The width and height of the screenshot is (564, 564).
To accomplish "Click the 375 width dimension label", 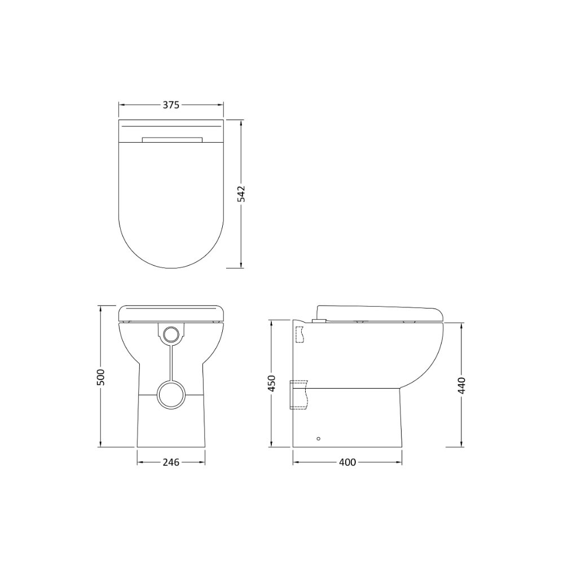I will (x=171, y=105).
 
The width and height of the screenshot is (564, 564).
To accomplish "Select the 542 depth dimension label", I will (x=241, y=193).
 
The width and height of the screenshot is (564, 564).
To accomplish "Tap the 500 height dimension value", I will (x=100, y=377).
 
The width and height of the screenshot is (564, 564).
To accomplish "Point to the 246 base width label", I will (x=171, y=462).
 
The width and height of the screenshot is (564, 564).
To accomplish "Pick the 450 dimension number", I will (x=271, y=384).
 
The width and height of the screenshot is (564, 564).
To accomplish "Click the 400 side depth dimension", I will (x=347, y=462).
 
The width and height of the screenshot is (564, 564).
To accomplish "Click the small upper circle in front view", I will (x=171, y=334).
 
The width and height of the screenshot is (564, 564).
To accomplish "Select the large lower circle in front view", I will (x=171, y=394).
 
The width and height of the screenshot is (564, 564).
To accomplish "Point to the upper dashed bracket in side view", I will (x=299, y=334).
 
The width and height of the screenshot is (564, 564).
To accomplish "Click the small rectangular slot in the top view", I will (x=172, y=139).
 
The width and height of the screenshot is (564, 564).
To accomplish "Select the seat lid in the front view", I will (x=171, y=312).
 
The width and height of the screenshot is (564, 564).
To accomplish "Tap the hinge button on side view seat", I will (x=319, y=320).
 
